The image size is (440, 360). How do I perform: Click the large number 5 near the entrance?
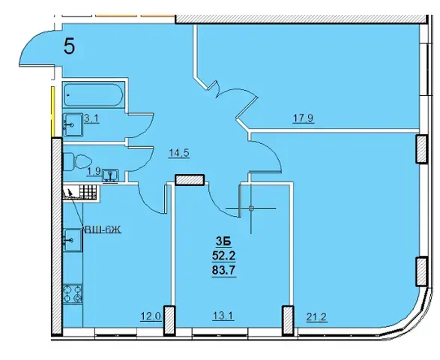[x=69, y=46]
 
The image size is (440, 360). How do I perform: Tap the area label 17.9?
[x=304, y=118]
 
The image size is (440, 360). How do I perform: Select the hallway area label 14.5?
[x=180, y=153]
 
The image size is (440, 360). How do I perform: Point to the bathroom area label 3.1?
[x=91, y=118]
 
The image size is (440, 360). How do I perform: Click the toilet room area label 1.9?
[x=94, y=171]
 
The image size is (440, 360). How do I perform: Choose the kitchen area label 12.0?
[x=151, y=316]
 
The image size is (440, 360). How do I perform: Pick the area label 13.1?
[x=223, y=316]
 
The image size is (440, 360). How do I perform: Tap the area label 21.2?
[x=316, y=317]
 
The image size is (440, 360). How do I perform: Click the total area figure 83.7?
[x=223, y=271]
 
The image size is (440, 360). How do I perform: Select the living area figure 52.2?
[x=223, y=256]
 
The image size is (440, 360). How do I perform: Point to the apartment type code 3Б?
[x=223, y=241]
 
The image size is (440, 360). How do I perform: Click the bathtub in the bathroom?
[x=93, y=94]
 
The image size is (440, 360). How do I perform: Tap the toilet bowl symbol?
[x=77, y=162]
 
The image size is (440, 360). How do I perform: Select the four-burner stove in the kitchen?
[x=73, y=294]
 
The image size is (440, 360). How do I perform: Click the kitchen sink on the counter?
[x=73, y=240]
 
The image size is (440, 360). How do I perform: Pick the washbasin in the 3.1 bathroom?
[x=73, y=124]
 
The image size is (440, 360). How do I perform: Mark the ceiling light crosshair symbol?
[x=251, y=208]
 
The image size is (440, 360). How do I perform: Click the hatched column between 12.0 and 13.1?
[x=169, y=320]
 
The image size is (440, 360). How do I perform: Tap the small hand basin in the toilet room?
[x=110, y=175]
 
